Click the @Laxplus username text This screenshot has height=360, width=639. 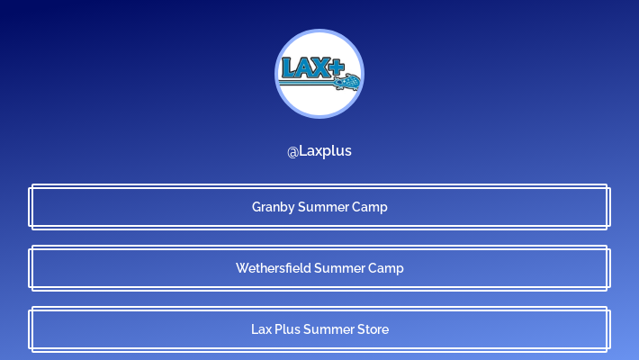pos(319,151)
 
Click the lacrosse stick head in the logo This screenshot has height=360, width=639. pos(347,84)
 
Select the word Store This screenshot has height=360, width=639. pos(372,329)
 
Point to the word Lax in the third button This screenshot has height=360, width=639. pos(261,329)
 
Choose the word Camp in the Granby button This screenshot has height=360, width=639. pos(370,207)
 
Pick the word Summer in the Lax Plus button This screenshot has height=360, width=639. pos(328,329)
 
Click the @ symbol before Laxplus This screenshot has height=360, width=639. pos(292,151)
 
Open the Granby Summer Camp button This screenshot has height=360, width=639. pos(319,207)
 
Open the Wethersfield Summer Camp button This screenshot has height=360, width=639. pos(319,268)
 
